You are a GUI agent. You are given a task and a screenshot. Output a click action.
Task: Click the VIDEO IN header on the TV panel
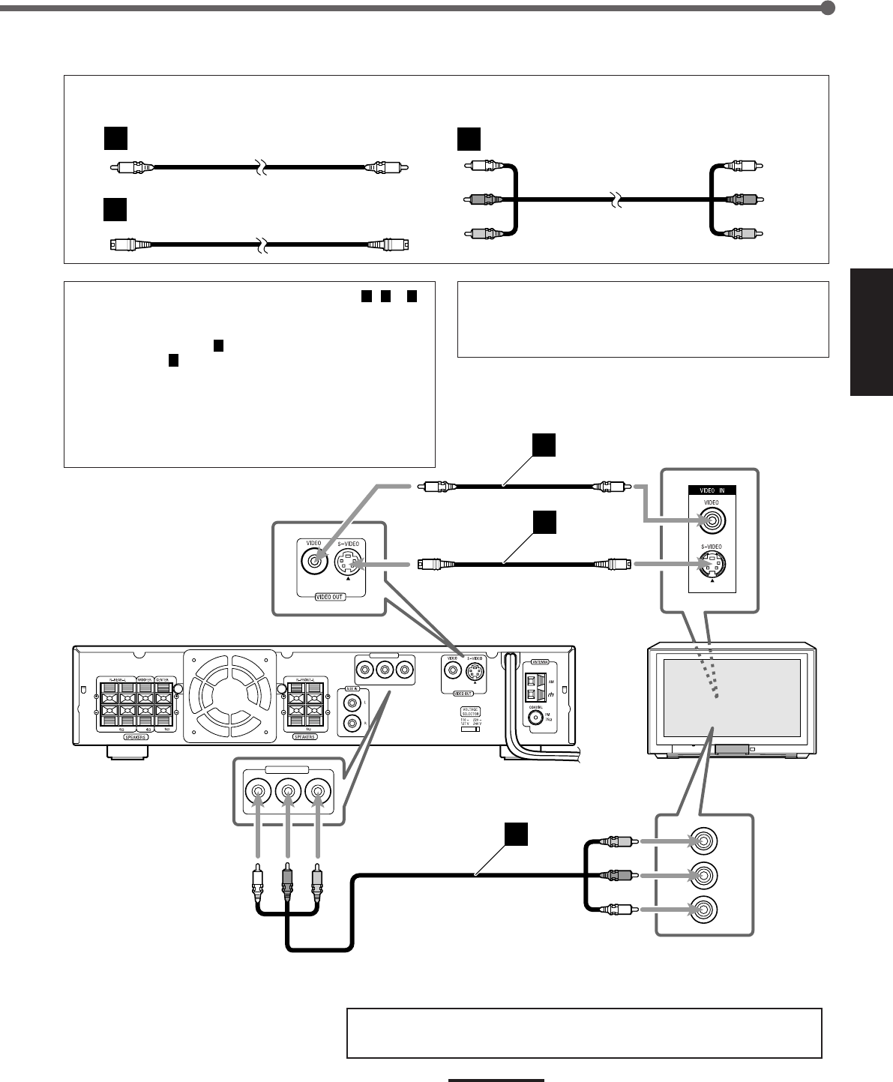click(712, 490)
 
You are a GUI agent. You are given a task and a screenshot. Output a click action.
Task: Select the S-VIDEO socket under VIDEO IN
click(712, 563)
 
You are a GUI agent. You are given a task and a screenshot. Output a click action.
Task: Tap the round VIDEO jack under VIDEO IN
click(712, 520)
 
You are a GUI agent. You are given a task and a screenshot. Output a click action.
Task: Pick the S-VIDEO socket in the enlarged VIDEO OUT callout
click(348, 562)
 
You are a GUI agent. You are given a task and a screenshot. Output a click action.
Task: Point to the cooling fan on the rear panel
click(232, 694)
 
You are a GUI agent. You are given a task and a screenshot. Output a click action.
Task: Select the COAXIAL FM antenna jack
click(535, 717)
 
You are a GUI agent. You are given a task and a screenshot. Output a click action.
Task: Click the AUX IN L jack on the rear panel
click(350, 703)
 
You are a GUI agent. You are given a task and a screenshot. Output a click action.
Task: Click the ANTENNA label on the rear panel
click(539, 662)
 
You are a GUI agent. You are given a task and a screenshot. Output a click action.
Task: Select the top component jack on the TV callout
click(705, 841)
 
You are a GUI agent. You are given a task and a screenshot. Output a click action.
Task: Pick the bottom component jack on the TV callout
click(705, 909)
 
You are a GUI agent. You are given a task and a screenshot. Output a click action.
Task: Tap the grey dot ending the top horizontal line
click(828, 8)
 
